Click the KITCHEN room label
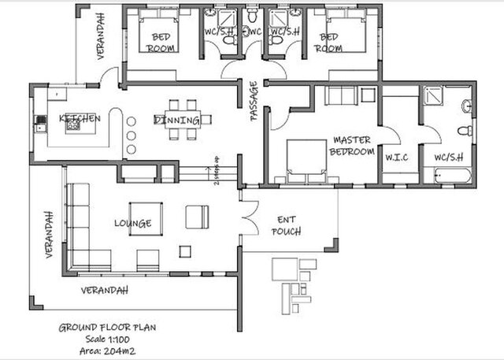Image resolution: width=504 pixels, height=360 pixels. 80,118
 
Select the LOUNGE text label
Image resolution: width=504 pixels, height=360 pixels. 132,223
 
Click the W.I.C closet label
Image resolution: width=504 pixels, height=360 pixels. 395,156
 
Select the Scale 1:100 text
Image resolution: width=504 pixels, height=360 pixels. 102,338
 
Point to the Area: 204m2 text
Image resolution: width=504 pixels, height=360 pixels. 102,349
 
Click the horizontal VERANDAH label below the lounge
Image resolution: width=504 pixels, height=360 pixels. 104,290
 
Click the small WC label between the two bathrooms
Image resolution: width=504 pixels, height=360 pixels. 253,32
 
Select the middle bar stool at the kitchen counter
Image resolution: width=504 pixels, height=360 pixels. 132,135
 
